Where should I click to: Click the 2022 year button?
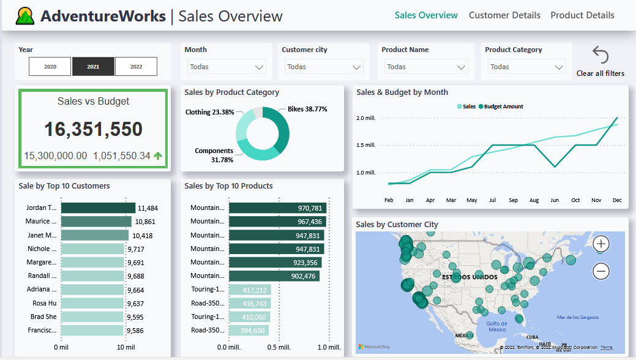pos(136,67)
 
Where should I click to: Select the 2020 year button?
pos(50,67)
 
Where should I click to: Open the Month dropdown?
pos(226,67)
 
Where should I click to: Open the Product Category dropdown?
pos(526,67)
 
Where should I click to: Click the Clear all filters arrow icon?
pos(600,56)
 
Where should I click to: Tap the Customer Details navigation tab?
pos(504,15)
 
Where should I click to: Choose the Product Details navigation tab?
pos(582,15)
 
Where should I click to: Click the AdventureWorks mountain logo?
pos(25,16)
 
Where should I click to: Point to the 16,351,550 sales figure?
pos(93,129)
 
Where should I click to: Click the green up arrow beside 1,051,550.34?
pos(158,156)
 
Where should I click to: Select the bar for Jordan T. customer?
pos(98,208)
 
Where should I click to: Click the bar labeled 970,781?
pos(277,208)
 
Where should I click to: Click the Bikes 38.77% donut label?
pos(307,110)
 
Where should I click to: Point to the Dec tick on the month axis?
pos(617,200)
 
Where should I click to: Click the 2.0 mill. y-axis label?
pos(365,118)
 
